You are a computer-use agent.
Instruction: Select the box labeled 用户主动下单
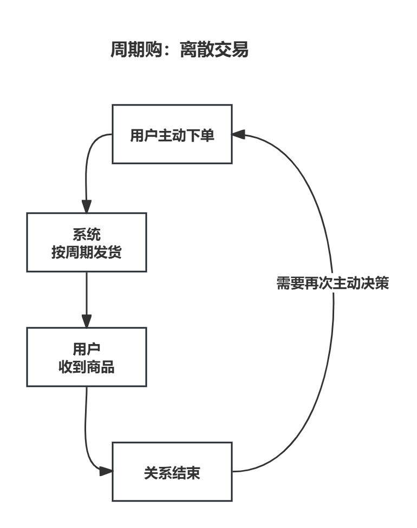point(172,135)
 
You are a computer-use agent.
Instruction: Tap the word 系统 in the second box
point(87,234)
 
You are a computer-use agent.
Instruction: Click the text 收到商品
point(87,367)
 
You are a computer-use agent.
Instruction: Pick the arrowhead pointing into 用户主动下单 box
point(239,134)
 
